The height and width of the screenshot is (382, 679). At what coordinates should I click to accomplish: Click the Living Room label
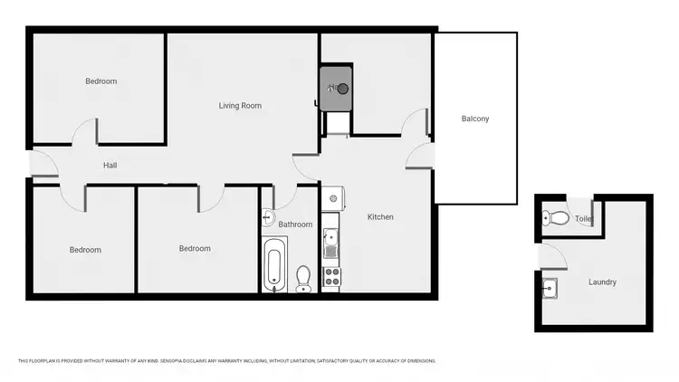coord(240,106)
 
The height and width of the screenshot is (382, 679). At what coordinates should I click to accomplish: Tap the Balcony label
coord(475,119)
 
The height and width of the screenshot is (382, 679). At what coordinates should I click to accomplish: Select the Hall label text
coord(110,166)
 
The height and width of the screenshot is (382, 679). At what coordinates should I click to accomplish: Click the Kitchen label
coord(380,217)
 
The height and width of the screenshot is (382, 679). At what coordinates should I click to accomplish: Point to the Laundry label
coord(602,282)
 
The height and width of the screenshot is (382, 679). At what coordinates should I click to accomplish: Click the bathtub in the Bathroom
coord(275,265)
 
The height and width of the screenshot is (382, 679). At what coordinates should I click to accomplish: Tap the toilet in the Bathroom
coord(303,277)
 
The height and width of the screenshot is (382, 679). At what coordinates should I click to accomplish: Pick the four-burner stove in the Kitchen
coord(330,275)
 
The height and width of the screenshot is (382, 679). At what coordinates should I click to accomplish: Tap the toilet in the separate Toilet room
coord(557,218)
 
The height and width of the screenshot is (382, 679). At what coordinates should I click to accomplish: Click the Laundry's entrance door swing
coord(551,255)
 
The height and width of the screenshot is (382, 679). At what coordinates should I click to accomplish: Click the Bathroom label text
coord(295,224)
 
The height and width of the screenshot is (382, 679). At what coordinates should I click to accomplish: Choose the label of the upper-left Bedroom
coord(100,81)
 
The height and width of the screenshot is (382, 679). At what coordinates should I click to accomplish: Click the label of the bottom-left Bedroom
coord(85,250)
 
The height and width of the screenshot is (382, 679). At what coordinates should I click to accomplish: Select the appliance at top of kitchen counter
coord(332,198)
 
